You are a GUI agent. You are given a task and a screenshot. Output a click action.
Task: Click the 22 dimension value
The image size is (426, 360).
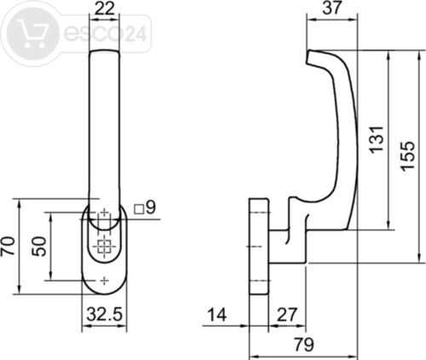tap(104, 9)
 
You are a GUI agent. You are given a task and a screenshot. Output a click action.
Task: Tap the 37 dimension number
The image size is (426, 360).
tap(331, 8)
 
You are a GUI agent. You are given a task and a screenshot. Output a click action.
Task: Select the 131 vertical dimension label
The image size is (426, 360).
tap(377, 140)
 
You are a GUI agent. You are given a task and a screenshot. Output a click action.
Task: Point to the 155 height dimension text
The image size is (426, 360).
tap(408, 156)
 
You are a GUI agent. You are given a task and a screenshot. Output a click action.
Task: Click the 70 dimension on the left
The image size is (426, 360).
tap(9, 245)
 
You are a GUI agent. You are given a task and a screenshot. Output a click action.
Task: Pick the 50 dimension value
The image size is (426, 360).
tap(39, 246)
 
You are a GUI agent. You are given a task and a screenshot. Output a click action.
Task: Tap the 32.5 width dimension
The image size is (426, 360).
tap(105, 314)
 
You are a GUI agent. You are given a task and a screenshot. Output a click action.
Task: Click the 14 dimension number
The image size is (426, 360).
tap(217, 315)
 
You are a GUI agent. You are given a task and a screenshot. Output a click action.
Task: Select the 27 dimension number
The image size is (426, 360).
tap(287, 315)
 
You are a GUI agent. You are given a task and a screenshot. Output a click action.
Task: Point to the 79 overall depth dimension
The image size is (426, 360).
tap(304, 345)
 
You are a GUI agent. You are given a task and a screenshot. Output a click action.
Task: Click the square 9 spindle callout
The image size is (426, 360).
tap(145, 208)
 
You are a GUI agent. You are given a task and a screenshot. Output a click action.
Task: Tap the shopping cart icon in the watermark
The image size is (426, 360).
tap(32, 33)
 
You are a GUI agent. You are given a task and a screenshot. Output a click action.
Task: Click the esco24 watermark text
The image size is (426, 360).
tap(106, 33)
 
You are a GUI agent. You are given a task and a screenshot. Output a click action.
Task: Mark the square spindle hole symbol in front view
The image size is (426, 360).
tap(104, 246)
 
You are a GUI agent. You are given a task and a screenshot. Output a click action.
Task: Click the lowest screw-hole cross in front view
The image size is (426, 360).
tap(105, 281)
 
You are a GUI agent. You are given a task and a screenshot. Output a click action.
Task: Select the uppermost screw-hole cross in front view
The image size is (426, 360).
tap(105, 212)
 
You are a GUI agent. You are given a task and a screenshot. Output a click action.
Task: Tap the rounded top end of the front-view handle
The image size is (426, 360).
tap(105, 51)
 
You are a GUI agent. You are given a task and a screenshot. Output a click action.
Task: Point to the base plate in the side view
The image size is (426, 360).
tap(259, 246)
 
